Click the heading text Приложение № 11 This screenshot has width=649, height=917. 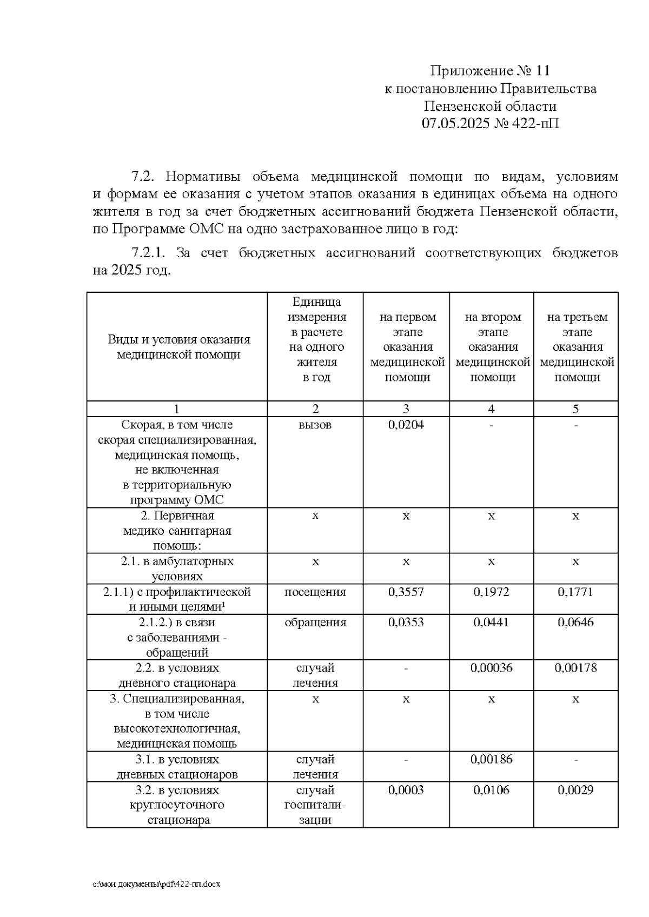pos(490,71)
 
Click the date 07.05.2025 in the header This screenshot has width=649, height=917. pos(456,124)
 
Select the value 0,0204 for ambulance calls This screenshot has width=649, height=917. pos(406,425)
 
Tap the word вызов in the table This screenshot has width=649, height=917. pos(315,425)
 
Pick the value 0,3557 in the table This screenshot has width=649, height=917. pos(406,592)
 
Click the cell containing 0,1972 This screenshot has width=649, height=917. pos(491,592)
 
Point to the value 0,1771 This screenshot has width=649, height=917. pos(575,592)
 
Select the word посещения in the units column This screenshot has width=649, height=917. pos(315,592)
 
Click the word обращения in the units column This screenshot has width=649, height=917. pos(315,622)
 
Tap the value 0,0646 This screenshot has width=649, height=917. pos(575,622)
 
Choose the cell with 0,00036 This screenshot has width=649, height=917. pos(491,667)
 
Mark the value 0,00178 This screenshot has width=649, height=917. pos(575,667)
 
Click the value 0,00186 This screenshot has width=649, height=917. pos(491,759)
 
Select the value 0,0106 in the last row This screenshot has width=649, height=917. pos(491,790)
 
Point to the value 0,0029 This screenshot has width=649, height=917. pos(575,790)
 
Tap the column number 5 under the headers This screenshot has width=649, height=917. pos(575,409)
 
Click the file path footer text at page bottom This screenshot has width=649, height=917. pos(157,884)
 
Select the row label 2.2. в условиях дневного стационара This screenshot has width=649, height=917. pos(177,675)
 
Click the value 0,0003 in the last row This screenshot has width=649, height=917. pos(406,790)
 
